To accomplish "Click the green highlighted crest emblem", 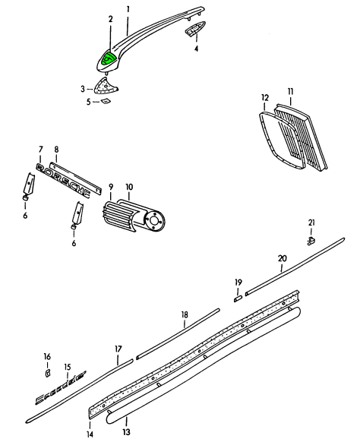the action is [x=109, y=58].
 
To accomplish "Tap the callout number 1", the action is [x=128, y=10].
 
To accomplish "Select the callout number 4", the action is [x=196, y=49].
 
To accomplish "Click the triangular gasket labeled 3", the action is [x=106, y=85].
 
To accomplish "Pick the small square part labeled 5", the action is [x=106, y=101].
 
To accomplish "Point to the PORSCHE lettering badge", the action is [x=64, y=180].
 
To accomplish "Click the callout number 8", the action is [x=56, y=150].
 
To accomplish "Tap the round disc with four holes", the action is [x=154, y=221].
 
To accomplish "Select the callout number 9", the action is [x=111, y=187].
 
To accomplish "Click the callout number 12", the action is [x=265, y=98].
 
